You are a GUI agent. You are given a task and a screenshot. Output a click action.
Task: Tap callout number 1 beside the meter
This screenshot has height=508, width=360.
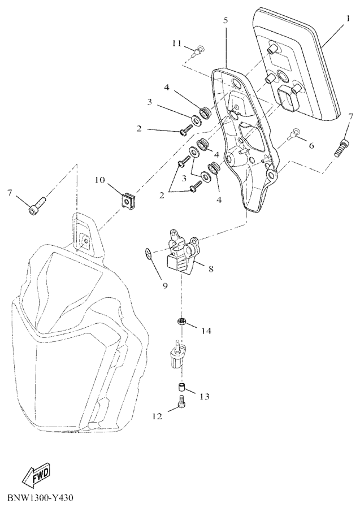(x=348, y=18)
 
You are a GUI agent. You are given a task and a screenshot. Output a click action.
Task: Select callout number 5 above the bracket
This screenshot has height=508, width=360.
(x=226, y=20)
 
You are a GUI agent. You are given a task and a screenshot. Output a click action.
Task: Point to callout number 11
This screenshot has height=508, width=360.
(x=177, y=43)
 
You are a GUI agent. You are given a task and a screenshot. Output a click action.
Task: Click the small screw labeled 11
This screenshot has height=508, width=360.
(x=198, y=51)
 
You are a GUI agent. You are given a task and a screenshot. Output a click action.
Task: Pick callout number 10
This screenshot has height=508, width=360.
(x=100, y=180)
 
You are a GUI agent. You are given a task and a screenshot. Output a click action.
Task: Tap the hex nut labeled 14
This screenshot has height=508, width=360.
(x=181, y=322)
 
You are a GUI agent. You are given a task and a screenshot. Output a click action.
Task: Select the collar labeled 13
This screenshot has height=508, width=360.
(x=181, y=387)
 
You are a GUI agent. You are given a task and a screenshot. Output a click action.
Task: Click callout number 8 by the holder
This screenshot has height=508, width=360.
(x=211, y=268)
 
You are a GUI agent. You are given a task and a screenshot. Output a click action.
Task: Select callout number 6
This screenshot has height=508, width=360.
(x=311, y=145)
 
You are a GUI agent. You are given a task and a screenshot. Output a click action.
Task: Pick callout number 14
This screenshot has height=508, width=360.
(x=206, y=331)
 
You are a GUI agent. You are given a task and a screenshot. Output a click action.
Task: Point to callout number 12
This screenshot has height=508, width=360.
(x=157, y=416)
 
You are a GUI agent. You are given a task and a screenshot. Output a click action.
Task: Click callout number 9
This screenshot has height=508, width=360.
(x=165, y=285)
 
